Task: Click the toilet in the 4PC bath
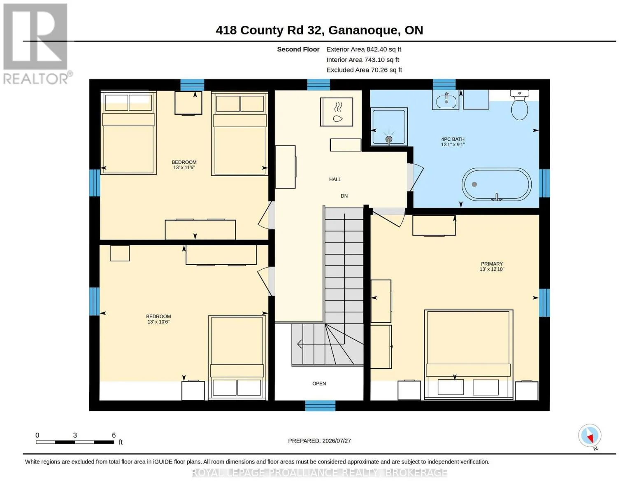pyautogui.click(x=519, y=105)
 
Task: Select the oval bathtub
pyautogui.click(x=496, y=185)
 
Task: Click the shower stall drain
pyautogui.click(x=389, y=139)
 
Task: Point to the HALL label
pyautogui.click(x=335, y=179)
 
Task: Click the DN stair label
pyautogui.click(x=344, y=196)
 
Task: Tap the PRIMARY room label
pyautogui.click(x=492, y=264)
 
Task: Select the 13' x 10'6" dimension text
pyautogui.click(x=158, y=322)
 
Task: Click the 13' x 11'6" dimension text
pyautogui.click(x=184, y=168)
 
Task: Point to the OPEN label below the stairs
pyautogui.click(x=319, y=384)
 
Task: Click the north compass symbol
pyautogui.click(x=590, y=436)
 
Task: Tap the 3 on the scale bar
pyautogui.click(x=75, y=435)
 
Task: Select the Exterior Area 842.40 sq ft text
pyautogui.click(x=364, y=49)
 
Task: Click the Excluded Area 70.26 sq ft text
pyautogui.click(x=364, y=70)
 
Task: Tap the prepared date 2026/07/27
pyautogui.click(x=337, y=441)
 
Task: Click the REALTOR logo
pyautogui.click(x=37, y=44)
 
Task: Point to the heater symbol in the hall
pyautogui.click(x=337, y=112)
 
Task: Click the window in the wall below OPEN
pyautogui.click(x=320, y=405)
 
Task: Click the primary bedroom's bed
pyautogui.click(x=468, y=355)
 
